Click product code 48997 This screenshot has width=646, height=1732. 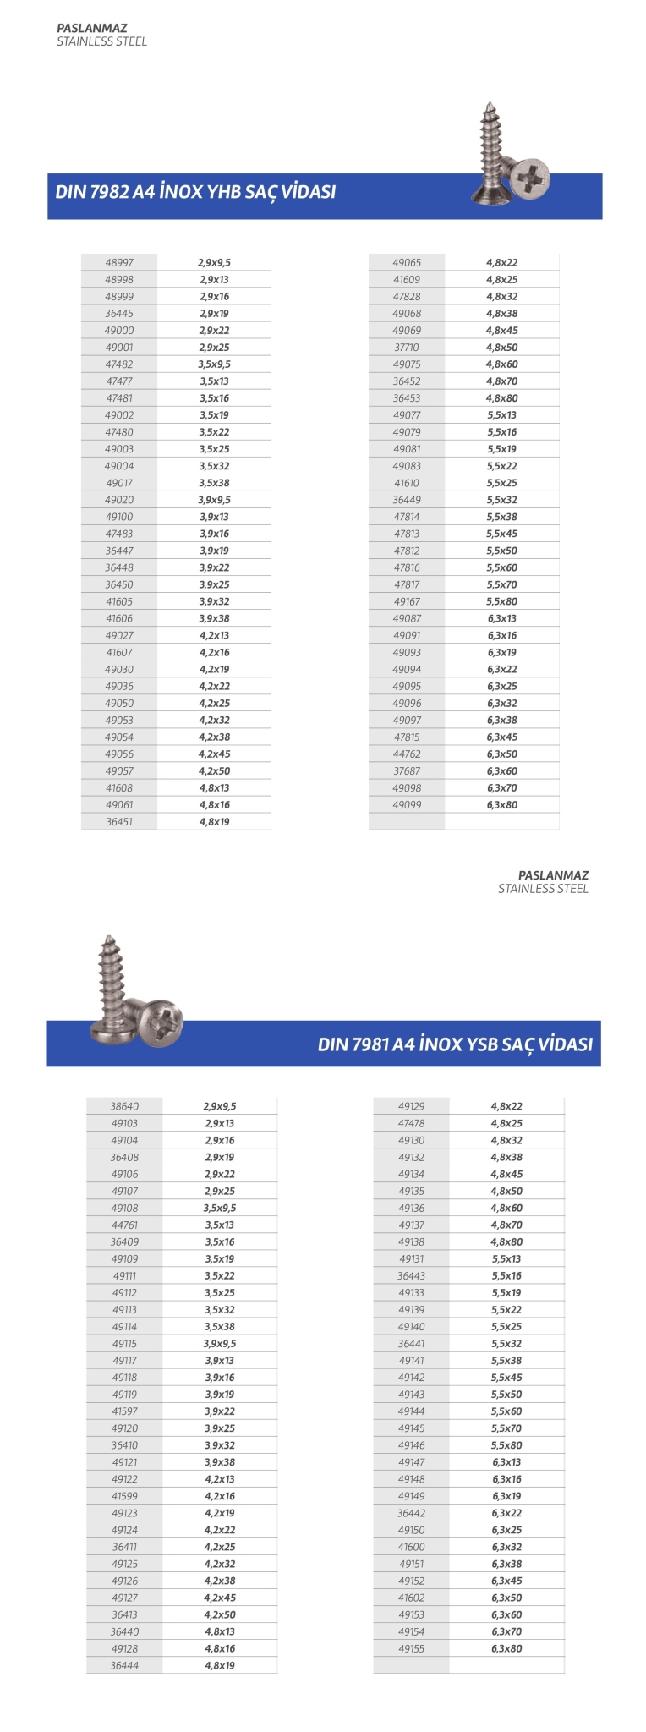coord(119,263)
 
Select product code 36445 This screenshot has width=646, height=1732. coord(119,314)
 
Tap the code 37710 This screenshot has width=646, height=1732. coord(407,348)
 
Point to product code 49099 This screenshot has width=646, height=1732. coord(407,805)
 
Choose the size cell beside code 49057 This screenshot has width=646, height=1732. coord(215,771)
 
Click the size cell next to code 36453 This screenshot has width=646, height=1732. coord(502,398)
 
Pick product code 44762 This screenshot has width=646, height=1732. coord(407,754)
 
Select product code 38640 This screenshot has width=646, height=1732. coord(124,1106)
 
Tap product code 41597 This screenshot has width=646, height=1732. coord(124,1411)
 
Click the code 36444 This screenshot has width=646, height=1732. coord(124,1665)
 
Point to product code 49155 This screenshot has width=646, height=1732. coord(412,1648)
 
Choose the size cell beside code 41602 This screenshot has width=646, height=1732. coord(507,1598)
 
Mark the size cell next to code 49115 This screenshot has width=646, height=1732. coord(220,1344)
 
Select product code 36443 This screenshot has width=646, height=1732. coord(412,1276)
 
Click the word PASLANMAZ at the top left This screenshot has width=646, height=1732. coord(91,28)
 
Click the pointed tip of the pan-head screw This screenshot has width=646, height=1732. coord(107,938)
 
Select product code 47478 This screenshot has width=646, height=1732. coord(412,1123)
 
